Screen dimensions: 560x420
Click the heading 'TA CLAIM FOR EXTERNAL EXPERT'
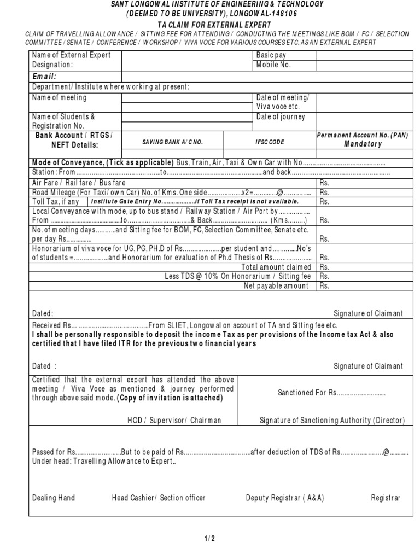[209, 24]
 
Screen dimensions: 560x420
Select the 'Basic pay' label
[271, 55]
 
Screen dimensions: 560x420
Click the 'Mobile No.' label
[273, 65]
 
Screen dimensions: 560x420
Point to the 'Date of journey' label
[281, 117]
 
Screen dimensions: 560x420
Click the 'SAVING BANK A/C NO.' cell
[172, 142]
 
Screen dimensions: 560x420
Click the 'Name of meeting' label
[59, 97]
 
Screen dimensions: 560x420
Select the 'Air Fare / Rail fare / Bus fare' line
[79, 183]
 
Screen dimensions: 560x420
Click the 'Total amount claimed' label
[276, 267]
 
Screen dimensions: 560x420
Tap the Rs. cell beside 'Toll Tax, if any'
[324, 202]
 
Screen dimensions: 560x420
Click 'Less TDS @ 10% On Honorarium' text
[238, 276]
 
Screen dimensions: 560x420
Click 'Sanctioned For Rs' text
[331, 393]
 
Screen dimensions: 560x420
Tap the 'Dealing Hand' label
[54, 498]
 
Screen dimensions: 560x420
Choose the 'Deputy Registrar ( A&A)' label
[285, 498]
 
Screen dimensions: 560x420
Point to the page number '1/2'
[210, 539]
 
